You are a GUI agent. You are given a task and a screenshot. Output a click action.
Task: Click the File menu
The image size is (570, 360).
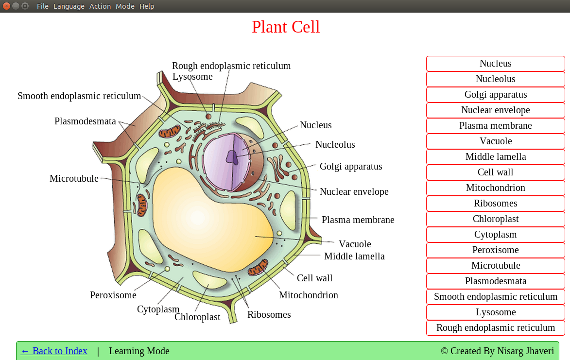[43, 6]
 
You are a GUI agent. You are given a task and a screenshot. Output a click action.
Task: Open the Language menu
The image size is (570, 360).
[69, 6]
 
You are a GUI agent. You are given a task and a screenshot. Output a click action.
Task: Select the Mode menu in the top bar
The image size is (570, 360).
[125, 6]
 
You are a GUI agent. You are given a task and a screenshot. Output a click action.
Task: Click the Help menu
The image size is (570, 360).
[147, 6]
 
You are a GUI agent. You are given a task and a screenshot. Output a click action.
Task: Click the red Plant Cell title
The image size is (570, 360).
[286, 27]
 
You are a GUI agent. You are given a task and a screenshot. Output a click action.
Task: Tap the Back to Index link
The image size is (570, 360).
[54, 351]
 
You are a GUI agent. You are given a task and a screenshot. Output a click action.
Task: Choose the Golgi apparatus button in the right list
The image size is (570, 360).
[495, 95]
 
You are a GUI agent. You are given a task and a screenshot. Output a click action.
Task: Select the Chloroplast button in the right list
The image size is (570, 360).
[495, 219]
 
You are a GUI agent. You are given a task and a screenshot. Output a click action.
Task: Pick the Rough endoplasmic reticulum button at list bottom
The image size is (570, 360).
[495, 328]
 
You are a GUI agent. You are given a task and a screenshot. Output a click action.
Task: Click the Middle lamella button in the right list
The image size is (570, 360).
[495, 157]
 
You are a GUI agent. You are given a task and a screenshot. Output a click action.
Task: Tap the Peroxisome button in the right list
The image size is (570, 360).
[495, 250]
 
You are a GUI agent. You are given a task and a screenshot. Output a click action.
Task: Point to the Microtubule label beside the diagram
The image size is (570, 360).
[74, 179]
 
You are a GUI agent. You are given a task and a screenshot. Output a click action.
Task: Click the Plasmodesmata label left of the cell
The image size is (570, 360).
[85, 121]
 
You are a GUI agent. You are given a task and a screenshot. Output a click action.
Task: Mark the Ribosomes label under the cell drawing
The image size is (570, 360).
[269, 314]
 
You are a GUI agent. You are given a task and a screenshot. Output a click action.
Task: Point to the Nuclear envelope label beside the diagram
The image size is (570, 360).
[354, 191]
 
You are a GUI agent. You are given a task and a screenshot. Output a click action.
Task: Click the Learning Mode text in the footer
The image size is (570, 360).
[139, 351]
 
